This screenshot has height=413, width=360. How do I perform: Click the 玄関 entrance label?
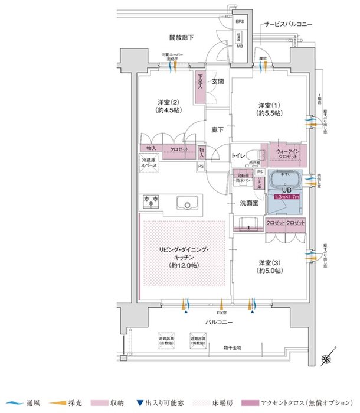coord(218,81)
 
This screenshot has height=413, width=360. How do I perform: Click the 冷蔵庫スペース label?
coord(149,164)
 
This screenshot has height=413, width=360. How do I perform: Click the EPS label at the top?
coord(240,22)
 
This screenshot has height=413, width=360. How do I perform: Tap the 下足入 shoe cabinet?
coord(200,82)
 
